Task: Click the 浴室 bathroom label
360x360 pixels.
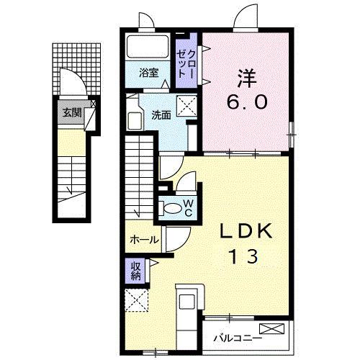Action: click(149, 72)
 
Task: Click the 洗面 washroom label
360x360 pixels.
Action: click(161, 114)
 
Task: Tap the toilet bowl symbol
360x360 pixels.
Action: click(172, 207)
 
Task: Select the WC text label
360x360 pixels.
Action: click(187, 207)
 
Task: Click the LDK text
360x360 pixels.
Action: click(246, 232)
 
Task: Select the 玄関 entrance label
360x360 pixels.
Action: click(71, 113)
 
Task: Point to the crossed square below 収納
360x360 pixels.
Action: click(135, 300)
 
